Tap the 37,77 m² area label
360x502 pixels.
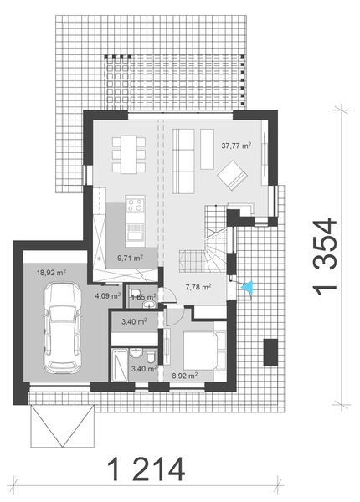coord(237,144)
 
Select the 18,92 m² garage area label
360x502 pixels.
coord(51,271)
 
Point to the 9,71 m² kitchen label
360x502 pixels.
coord(130,259)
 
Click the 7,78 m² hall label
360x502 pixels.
coord(198,287)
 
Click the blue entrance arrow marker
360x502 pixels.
coord(247,288)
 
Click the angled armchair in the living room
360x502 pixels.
coord(232,173)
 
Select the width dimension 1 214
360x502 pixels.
coord(146,469)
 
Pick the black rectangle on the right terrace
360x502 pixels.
coord(270,351)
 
